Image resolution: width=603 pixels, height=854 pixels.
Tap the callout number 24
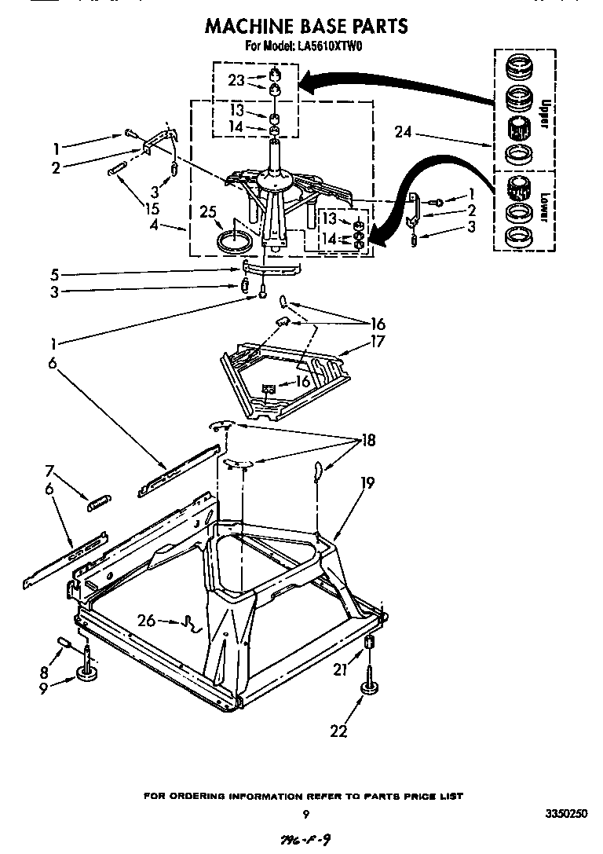404,132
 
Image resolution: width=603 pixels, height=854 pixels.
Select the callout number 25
207,212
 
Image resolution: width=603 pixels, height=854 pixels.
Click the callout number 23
237,79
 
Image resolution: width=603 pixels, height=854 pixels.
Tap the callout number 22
338,731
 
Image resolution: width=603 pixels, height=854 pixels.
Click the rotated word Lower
543,200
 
